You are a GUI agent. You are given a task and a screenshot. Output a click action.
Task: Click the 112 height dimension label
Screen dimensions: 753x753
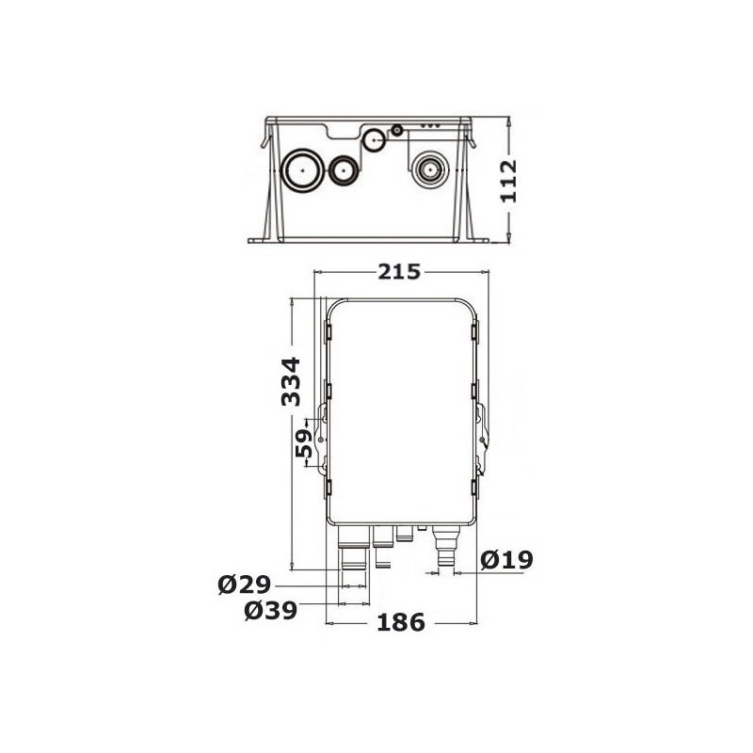pyautogui.click(x=508, y=181)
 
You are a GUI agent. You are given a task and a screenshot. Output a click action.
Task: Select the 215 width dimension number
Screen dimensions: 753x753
pyautogui.click(x=399, y=272)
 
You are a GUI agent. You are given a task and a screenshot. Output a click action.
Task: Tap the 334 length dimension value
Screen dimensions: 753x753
pyautogui.click(x=291, y=381)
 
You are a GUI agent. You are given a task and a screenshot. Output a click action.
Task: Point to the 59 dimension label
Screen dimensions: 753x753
pyautogui.click(x=303, y=443)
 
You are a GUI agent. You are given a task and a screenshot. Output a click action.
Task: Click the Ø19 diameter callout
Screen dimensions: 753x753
pyautogui.click(x=507, y=560)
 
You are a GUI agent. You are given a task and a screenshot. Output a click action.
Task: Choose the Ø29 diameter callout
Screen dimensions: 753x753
pyautogui.click(x=245, y=585)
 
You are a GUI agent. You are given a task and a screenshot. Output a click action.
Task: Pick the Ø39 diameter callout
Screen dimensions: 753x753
pyautogui.click(x=271, y=611)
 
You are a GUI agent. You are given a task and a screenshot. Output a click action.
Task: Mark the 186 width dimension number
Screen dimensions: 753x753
pyautogui.click(x=401, y=623)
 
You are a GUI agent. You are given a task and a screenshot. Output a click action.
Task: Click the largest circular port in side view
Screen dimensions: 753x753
pyautogui.click(x=302, y=170)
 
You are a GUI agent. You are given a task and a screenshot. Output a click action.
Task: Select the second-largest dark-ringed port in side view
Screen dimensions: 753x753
pyautogui.click(x=343, y=170)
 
